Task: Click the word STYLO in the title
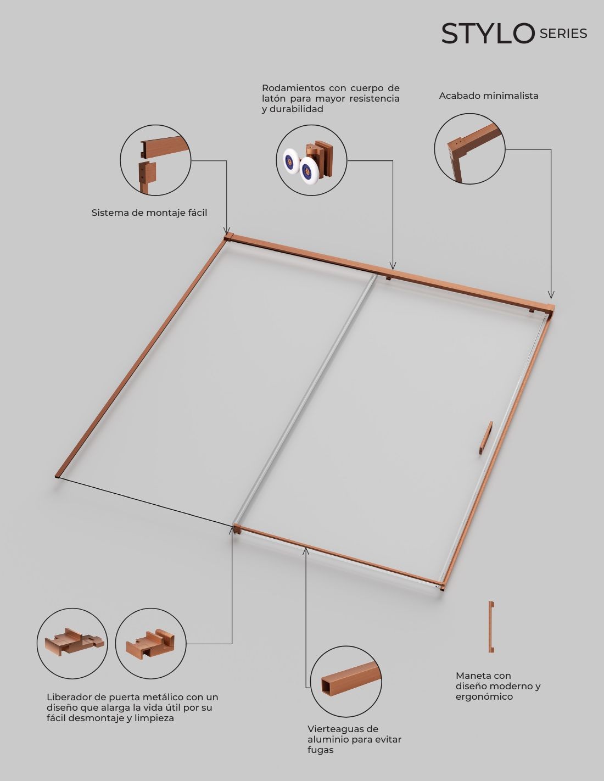point(488,34)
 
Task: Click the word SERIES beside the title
point(563,34)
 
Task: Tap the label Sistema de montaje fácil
point(149,213)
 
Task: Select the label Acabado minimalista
point(489,96)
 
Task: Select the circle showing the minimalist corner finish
point(469,149)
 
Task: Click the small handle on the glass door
point(486,438)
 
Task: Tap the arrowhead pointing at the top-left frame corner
point(226,231)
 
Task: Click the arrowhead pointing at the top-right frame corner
point(551,295)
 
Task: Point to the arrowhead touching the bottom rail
point(306,551)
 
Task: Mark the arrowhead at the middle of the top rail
point(393,266)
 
